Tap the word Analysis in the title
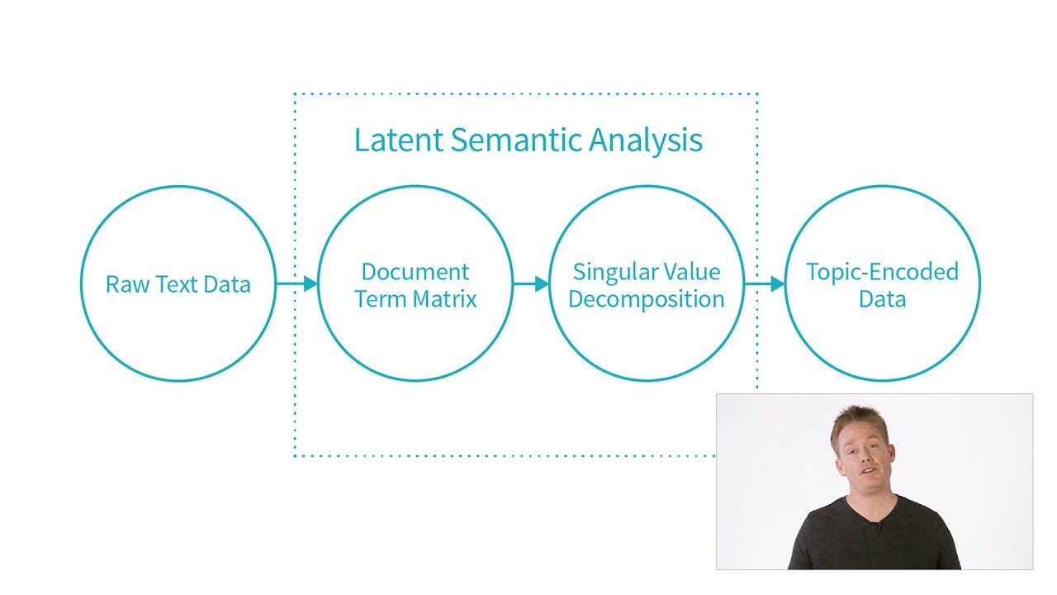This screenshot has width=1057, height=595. tap(646, 141)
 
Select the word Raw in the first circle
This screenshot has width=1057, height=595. tap(124, 285)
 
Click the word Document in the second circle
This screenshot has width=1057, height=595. tap(415, 272)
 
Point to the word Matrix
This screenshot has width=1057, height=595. tap(446, 298)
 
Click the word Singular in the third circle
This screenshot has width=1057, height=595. tap(611, 273)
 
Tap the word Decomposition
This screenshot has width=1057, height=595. tap(647, 299)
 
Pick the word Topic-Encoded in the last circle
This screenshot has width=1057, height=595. tap(882, 272)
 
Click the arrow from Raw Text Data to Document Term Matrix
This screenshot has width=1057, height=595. tap(297, 284)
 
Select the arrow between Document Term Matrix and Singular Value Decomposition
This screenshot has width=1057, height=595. tap(531, 284)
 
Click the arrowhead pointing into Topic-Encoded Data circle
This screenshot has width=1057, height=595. tap(777, 284)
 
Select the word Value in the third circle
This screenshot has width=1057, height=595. tap(694, 272)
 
